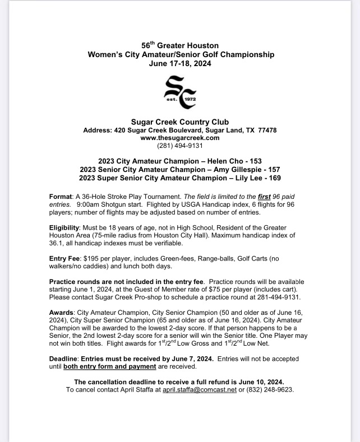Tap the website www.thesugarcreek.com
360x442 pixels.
pos(179,137)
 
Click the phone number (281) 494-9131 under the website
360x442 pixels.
pos(180,146)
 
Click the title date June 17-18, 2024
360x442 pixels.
pos(180,64)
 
